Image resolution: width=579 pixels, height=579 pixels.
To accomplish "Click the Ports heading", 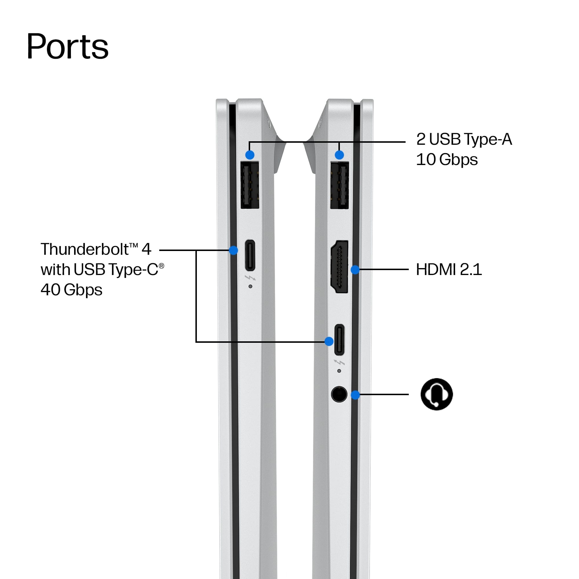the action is coord(67,46).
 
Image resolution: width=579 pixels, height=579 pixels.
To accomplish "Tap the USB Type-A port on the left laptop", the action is coord(250,185).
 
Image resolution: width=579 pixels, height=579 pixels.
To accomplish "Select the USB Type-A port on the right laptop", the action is coord(339,185).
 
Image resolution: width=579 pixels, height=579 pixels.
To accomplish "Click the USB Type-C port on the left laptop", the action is coord(250,255).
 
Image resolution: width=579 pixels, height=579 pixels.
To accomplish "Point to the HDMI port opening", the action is coord(339,267).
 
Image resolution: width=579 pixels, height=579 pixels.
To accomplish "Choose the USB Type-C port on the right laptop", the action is coord(339,340).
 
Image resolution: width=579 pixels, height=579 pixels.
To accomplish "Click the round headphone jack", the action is coord(339,394).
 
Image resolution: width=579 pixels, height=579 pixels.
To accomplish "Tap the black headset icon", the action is coord(437,394).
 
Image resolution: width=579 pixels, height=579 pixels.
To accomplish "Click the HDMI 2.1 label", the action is coord(449,269).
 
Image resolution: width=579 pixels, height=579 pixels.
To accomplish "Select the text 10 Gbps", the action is coord(446,160).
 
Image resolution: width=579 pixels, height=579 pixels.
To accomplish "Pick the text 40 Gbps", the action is coord(71,290).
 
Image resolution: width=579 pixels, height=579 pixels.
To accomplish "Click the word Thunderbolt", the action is coord(85,249).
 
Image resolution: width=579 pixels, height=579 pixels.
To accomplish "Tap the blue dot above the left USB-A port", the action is coord(250,155).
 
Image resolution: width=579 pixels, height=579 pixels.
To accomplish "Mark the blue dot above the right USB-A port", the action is coord(339,155).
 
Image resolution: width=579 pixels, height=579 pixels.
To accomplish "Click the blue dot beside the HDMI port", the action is coord(355,270).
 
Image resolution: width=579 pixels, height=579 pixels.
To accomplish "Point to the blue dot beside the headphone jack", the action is coord(355,395).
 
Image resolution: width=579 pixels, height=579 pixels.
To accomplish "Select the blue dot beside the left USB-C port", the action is coord(233,250).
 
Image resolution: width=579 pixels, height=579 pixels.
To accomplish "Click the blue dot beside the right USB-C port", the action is coord(329,341).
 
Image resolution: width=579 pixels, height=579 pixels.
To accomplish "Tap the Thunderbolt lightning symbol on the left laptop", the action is coord(250,278).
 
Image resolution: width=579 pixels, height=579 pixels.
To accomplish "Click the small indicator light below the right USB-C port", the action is coord(339,371).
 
